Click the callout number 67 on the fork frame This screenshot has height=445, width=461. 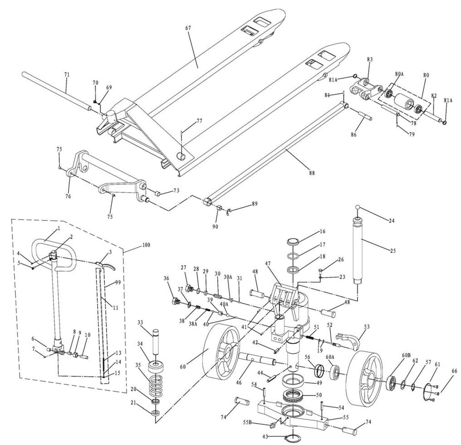point(188,28)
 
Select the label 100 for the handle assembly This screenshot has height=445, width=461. point(146,245)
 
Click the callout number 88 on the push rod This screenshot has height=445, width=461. point(312,173)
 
